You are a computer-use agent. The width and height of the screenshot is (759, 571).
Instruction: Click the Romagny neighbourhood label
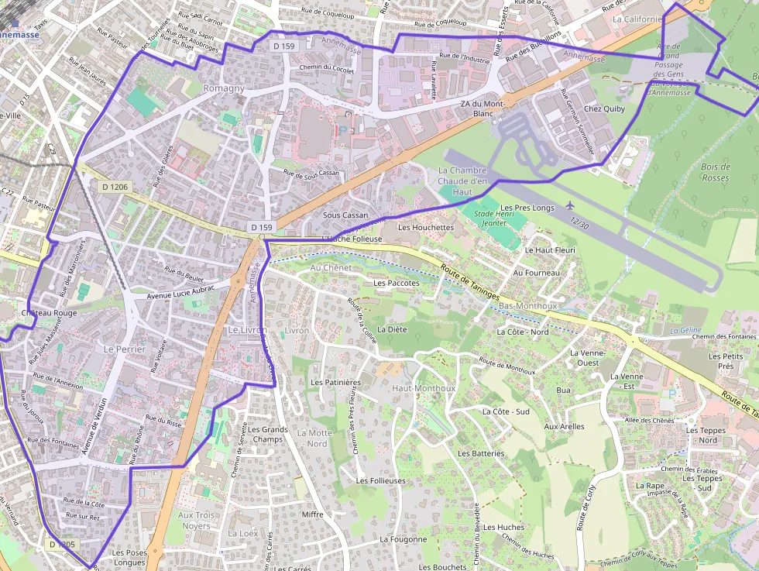(x=223, y=88)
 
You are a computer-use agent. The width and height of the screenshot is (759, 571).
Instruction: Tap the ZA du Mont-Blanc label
(x=482, y=108)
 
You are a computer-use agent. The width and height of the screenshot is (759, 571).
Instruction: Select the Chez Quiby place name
(x=604, y=109)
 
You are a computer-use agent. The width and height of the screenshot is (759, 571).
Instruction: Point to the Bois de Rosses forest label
(x=715, y=172)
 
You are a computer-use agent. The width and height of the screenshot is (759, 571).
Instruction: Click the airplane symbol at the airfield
(x=571, y=205)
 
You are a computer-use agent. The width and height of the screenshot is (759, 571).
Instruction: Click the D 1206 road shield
(x=114, y=187)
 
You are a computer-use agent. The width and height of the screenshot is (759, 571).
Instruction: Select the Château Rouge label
(x=50, y=313)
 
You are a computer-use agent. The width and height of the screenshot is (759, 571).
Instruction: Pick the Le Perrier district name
(x=124, y=349)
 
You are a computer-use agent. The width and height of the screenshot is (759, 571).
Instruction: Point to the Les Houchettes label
(x=425, y=228)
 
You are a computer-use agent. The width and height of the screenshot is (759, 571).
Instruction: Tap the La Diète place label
(x=391, y=329)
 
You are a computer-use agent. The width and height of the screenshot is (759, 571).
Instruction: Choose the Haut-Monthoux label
(x=424, y=387)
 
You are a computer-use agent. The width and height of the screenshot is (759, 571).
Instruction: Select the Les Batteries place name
(x=480, y=453)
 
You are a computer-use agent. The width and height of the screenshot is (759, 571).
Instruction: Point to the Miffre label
(x=312, y=514)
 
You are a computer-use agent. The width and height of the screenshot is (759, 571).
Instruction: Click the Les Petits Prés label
(x=726, y=361)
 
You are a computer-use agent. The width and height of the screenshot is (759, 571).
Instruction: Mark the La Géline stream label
(x=685, y=330)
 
